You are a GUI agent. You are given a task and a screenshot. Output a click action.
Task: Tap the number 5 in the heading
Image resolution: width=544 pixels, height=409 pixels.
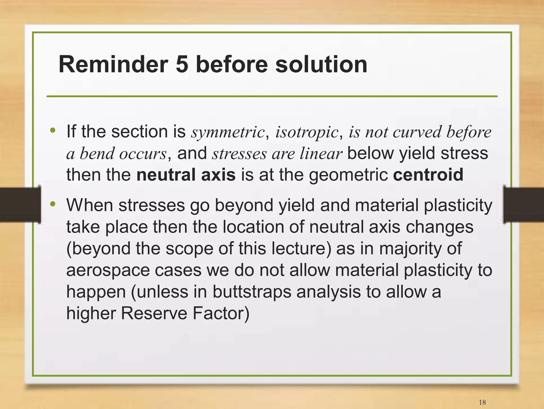pos(182,64)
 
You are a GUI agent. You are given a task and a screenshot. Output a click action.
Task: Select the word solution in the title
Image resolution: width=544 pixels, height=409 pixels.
pos(321,64)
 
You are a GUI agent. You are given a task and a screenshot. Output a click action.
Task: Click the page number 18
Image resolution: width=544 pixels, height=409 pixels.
pos(482,402)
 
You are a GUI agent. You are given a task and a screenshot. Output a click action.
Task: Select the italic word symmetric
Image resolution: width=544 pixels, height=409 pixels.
pos(228,132)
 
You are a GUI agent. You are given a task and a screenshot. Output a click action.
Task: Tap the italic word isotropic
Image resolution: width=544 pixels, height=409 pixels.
pos(307,132)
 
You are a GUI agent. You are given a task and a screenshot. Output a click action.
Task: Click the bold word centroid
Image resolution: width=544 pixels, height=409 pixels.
pos(428,175)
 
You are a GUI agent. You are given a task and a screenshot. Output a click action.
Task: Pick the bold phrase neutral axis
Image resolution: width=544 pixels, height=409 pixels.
pos(186,175)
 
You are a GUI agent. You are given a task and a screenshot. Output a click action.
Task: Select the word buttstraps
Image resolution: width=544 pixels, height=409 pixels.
pos(252,292)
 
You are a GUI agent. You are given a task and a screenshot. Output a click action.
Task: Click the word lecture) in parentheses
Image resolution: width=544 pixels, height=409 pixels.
pos(301,249)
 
